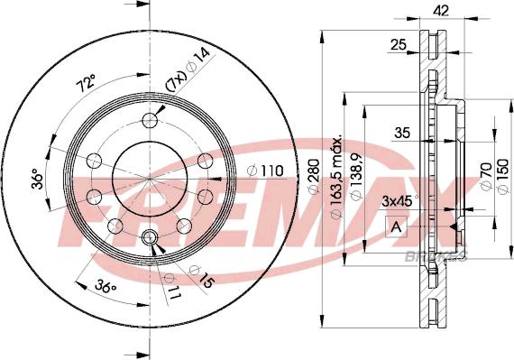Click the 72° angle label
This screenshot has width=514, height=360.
pos(86,85)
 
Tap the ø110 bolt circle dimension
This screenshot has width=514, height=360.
pos(266,169)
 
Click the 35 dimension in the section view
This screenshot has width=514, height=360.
pos(403,133)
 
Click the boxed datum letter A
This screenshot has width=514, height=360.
pos(395,227)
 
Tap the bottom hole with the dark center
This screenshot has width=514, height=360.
pos(150,238)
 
